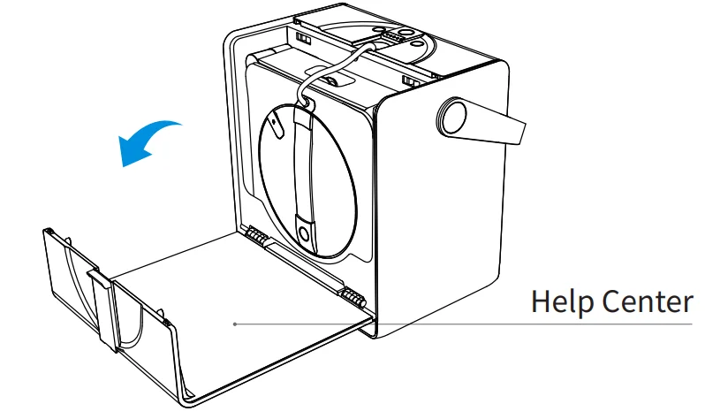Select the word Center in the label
point(646,302)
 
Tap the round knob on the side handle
point(454,116)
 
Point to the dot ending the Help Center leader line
point(234,324)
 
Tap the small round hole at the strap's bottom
point(304,233)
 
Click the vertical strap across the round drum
point(305,168)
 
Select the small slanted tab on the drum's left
point(276,123)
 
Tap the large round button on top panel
point(405,31)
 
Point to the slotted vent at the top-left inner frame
point(303,40)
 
